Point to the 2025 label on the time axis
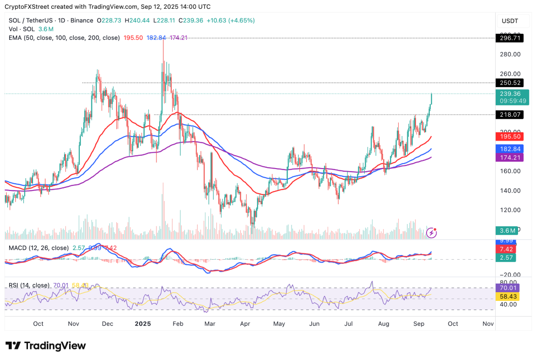(x=143, y=324)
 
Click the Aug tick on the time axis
(x=384, y=324)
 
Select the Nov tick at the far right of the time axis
(x=488, y=324)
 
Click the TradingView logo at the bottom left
(x=45, y=345)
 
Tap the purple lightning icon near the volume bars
(x=431, y=233)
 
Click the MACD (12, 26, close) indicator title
(x=38, y=248)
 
